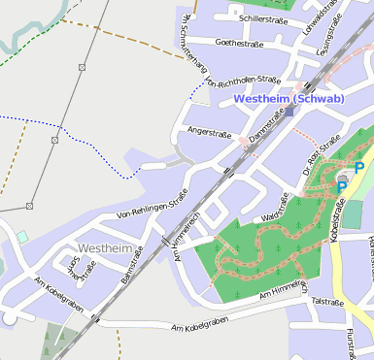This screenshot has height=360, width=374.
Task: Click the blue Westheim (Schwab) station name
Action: (x=289, y=99)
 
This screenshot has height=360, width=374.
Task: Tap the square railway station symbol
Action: (x=289, y=112)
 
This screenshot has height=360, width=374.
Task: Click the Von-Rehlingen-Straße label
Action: (x=151, y=203)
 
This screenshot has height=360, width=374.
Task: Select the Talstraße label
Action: (x=327, y=302)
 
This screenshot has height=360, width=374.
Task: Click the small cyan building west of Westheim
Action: (x=21, y=237)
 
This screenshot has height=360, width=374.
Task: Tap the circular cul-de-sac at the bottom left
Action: (x=10, y=317)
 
